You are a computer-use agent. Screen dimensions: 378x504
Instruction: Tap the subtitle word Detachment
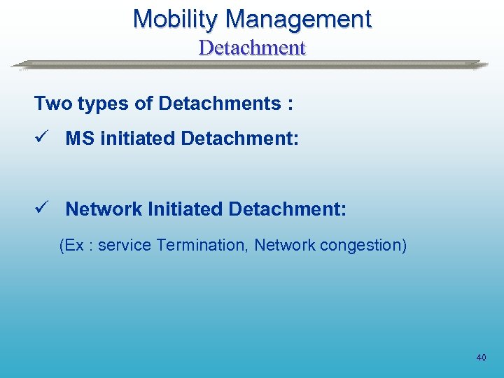point(252,48)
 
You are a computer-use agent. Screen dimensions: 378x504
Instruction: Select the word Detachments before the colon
point(220,104)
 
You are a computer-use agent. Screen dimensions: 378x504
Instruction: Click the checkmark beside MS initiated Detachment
point(41,138)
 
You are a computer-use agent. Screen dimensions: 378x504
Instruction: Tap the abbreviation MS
point(80,139)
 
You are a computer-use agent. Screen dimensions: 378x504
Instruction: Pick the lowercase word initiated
point(138,139)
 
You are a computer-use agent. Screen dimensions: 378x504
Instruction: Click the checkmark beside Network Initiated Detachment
point(41,208)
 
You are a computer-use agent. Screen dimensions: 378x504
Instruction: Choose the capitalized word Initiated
point(185,209)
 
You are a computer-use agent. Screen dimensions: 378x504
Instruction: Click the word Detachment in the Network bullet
point(287,209)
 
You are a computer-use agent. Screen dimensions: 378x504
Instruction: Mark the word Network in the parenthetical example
point(283,246)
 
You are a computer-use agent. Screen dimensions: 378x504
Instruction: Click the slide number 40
point(481,358)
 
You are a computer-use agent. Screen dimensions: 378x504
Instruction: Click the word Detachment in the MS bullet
point(239,139)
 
